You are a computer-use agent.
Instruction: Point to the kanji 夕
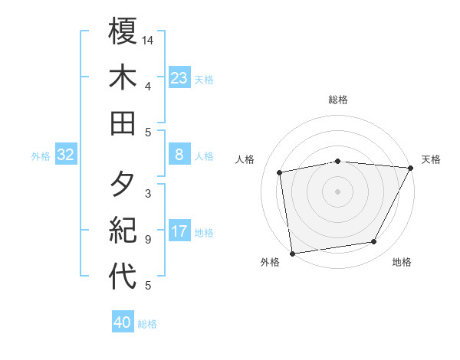[123, 185]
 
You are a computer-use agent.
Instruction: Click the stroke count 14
[149, 40]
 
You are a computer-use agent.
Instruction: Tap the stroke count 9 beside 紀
[148, 240]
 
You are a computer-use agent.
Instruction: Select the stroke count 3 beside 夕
[148, 193]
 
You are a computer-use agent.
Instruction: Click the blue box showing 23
[179, 77]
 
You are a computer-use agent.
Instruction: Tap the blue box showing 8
[179, 155]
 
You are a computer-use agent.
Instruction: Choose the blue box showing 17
[179, 231]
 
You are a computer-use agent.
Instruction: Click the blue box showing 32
[65, 155]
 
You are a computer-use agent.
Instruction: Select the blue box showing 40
[123, 322]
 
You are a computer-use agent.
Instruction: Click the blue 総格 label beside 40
[147, 324]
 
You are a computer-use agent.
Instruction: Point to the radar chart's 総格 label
[338, 100]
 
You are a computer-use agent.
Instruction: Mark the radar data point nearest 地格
[374, 242]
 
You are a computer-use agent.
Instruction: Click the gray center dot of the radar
[337, 191]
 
